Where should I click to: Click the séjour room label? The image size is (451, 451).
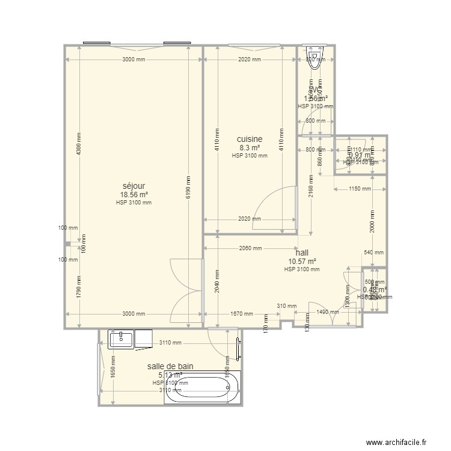(x=133, y=186)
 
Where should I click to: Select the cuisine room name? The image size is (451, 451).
(x=250, y=139)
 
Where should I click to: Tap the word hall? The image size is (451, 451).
(x=302, y=253)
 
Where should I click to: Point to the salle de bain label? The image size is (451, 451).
(x=170, y=366)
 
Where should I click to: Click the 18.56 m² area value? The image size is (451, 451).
(x=133, y=194)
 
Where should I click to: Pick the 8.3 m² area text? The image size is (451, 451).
(x=250, y=147)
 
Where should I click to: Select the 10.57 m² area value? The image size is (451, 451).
(x=302, y=261)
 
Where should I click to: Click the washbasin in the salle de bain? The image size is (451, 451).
(x=122, y=339)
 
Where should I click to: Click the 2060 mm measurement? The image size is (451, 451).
(x=250, y=248)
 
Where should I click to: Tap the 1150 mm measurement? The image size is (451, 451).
(x=360, y=189)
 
